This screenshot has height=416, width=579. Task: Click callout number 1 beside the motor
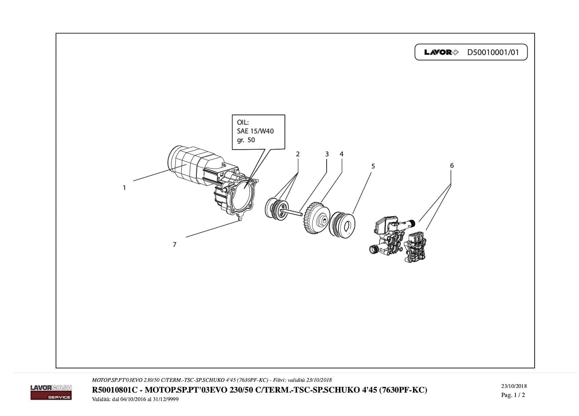click(x=124, y=188)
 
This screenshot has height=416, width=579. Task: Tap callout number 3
click(x=327, y=154)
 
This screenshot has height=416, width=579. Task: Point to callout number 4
click(x=342, y=154)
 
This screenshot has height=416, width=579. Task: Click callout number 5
click(x=373, y=166)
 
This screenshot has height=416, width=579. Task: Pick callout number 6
click(x=452, y=166)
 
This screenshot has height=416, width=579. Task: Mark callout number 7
click(x=174, y=245)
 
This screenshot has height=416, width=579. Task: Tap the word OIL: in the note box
click(x=243, y=122)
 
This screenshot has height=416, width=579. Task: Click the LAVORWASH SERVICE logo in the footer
click(x=51, y=392)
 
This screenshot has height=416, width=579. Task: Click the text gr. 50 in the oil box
click(x=246, y=140)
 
